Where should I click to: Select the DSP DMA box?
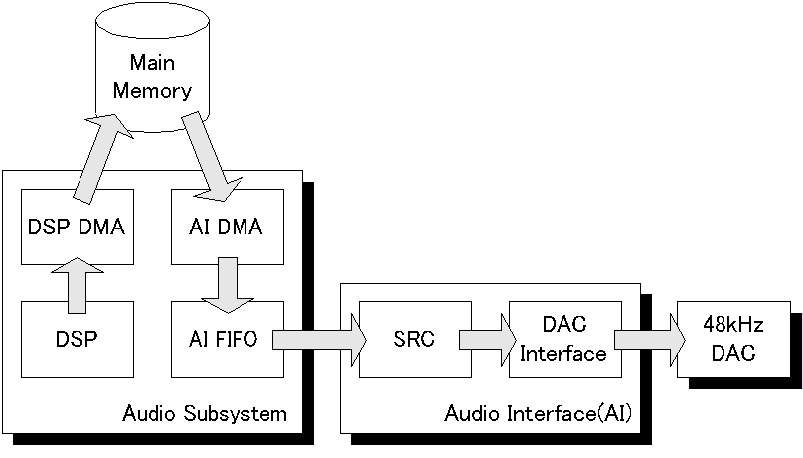76,227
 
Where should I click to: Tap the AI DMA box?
226,227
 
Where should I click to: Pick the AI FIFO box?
226,339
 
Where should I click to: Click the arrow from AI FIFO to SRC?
318,339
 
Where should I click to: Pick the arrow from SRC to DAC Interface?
484,339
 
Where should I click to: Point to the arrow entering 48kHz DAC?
649,339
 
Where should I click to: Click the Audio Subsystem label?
204,413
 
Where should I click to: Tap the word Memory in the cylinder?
152,91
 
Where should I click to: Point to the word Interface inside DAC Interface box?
563,353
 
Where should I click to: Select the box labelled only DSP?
76,339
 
